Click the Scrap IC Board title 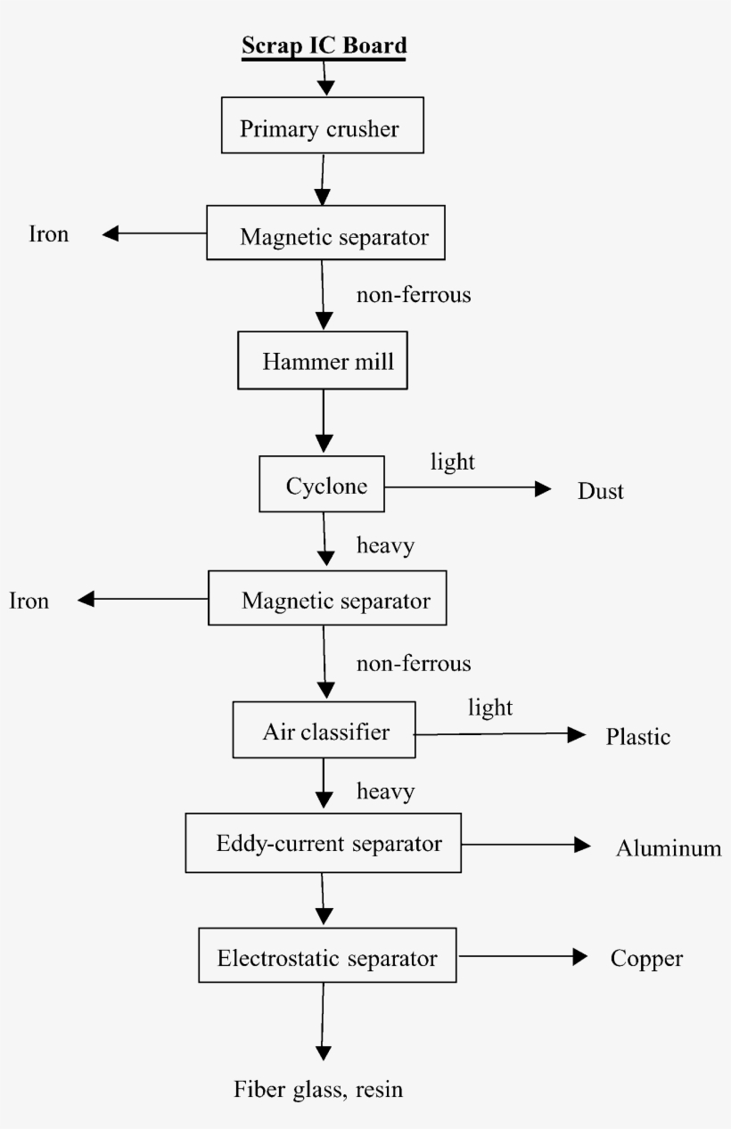point(324,46)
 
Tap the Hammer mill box point(323,361)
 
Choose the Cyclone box point(322,485)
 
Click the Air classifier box point(325,732)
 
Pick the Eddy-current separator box point(323,843)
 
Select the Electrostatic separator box point(327,957)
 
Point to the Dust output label point(600,491)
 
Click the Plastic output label point(637,737)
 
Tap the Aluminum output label point(669,848)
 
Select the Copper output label point(646,959)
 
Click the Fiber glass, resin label point(318,1089)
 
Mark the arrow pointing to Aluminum point(526,845)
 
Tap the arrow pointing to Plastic point(499,734)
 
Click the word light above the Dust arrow point(453,462)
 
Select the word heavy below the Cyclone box point(385,545)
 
